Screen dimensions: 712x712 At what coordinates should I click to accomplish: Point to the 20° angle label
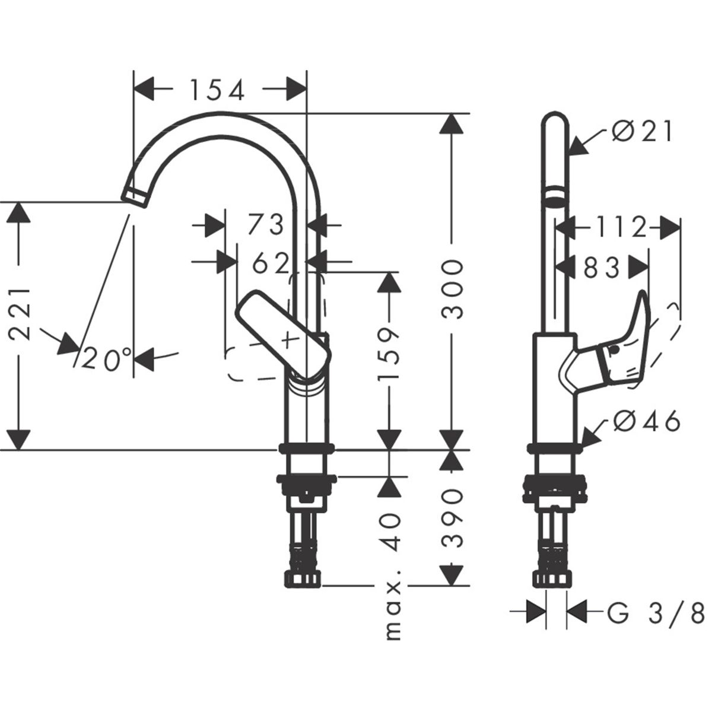pos(107,358)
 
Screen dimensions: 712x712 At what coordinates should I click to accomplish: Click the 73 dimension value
pos(266,225)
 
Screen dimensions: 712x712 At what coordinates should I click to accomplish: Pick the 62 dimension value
pos(271,263)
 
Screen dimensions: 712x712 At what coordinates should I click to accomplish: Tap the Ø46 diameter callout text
pos(647,422)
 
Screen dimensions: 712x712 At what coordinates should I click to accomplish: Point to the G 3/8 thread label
pos(656,611)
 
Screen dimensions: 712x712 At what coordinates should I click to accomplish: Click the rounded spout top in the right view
pos(556,122)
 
